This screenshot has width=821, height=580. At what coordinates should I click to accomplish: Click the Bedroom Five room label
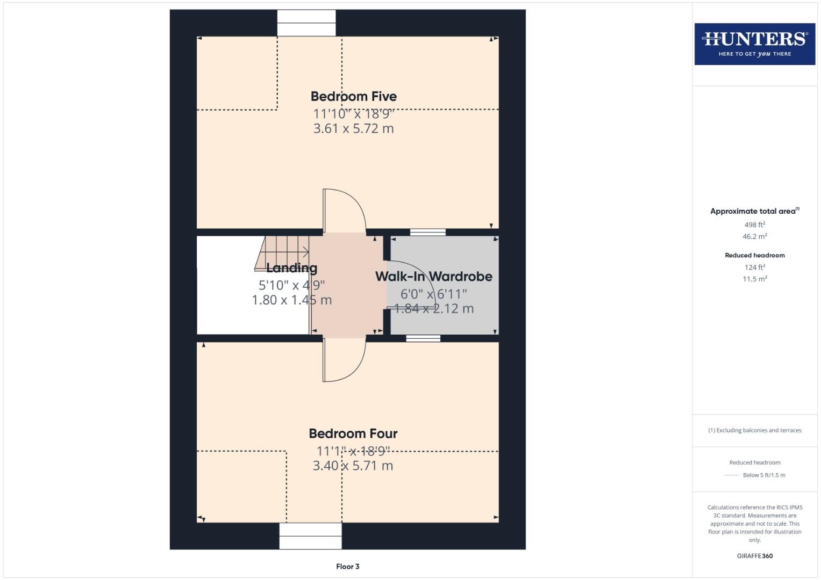click(353, 97)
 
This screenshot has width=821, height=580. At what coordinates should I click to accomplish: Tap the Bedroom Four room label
click(353, 433)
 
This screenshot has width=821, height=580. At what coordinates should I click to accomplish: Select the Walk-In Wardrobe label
click(433, 277)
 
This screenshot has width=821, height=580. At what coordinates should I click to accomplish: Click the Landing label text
click(291, 268)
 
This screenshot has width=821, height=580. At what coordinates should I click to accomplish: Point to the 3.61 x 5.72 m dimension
click(353, 129)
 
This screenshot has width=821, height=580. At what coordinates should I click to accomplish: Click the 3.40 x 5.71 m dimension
click(353, 466)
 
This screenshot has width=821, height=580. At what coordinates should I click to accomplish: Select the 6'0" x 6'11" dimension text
click(433, 294)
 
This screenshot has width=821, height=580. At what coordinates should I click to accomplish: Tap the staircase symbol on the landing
click(282, 251)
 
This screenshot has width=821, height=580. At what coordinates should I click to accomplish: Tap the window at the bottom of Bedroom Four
click(310, 535)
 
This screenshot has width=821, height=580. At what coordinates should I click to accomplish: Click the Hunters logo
click(754, 44)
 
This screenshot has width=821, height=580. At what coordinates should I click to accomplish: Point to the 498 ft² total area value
click(754, 224)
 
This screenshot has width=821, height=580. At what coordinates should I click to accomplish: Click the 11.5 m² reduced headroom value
click(754, 279)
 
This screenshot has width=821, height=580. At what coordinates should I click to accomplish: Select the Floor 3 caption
click(347, 567)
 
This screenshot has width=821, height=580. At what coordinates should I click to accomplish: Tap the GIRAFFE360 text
click(754, 556)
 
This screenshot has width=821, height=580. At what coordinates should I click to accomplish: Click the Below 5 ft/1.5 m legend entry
click(763, 475)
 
